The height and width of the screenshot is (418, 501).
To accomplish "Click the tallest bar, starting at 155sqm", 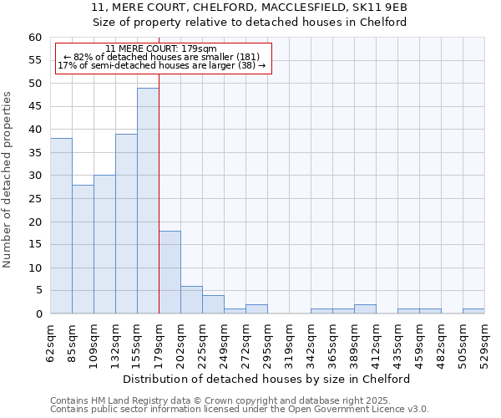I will coord(148,201).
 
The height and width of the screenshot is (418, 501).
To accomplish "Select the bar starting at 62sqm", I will coord(61,226).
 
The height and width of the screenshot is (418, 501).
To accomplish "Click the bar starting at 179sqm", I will coord(170,273).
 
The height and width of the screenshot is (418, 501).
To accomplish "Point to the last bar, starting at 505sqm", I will coord(473,312).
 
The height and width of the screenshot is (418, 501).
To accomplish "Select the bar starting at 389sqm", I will coord(365,309).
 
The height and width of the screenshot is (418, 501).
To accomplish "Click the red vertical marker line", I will coord(159,167).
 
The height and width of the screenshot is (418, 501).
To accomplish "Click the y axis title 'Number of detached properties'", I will coord(8,180).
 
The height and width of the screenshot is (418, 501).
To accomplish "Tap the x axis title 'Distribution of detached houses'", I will coord(271,379).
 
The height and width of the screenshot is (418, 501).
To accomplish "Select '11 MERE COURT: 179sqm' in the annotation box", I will coord(161,48).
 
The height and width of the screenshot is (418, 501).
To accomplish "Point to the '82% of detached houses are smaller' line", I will coord(161,57).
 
